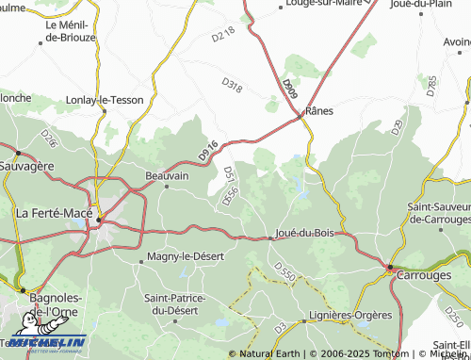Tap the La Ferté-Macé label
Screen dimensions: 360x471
55,213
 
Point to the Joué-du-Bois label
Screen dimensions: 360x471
303,231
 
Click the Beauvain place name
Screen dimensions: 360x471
167,175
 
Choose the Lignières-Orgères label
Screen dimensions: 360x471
346,319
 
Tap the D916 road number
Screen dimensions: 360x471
208,149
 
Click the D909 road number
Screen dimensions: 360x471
289,90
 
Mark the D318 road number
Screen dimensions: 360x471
232,86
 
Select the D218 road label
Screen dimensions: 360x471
222,35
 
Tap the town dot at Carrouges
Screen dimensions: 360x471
391,268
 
